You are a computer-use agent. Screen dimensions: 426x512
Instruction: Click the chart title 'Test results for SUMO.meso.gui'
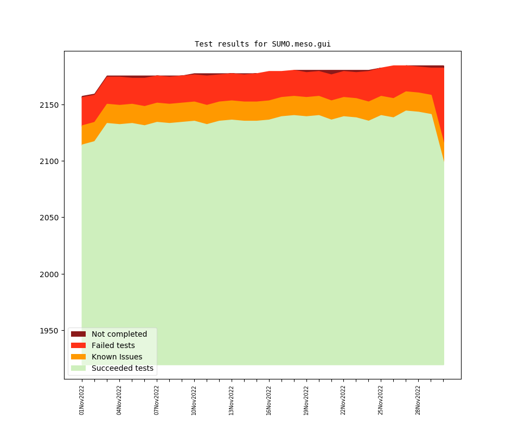point(263,44)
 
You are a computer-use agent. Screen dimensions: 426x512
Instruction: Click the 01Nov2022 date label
point(82,400)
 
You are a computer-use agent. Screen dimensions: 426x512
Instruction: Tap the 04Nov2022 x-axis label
point(119,400)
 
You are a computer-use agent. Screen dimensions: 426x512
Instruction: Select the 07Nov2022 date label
point(157,400)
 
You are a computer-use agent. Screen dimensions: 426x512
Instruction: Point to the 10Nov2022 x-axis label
point(194,400)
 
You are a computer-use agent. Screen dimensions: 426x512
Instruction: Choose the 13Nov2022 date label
point(231,400)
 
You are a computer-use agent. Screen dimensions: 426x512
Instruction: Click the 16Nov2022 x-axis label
point(268,400)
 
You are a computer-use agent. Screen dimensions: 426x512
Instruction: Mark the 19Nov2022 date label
point(306,400)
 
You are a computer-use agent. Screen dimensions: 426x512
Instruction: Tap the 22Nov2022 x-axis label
point(343,400)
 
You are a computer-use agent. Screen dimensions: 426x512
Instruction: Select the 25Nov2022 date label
point(380,400)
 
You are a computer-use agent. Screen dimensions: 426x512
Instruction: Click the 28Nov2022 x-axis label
point(418,400)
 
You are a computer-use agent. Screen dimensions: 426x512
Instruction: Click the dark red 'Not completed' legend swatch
point(78,334)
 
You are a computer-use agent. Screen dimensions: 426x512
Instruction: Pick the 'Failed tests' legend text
point(113,345)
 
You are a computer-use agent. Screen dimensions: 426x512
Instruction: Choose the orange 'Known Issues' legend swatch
point(78,357)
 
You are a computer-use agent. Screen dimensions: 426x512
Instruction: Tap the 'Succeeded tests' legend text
point(122,368)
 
